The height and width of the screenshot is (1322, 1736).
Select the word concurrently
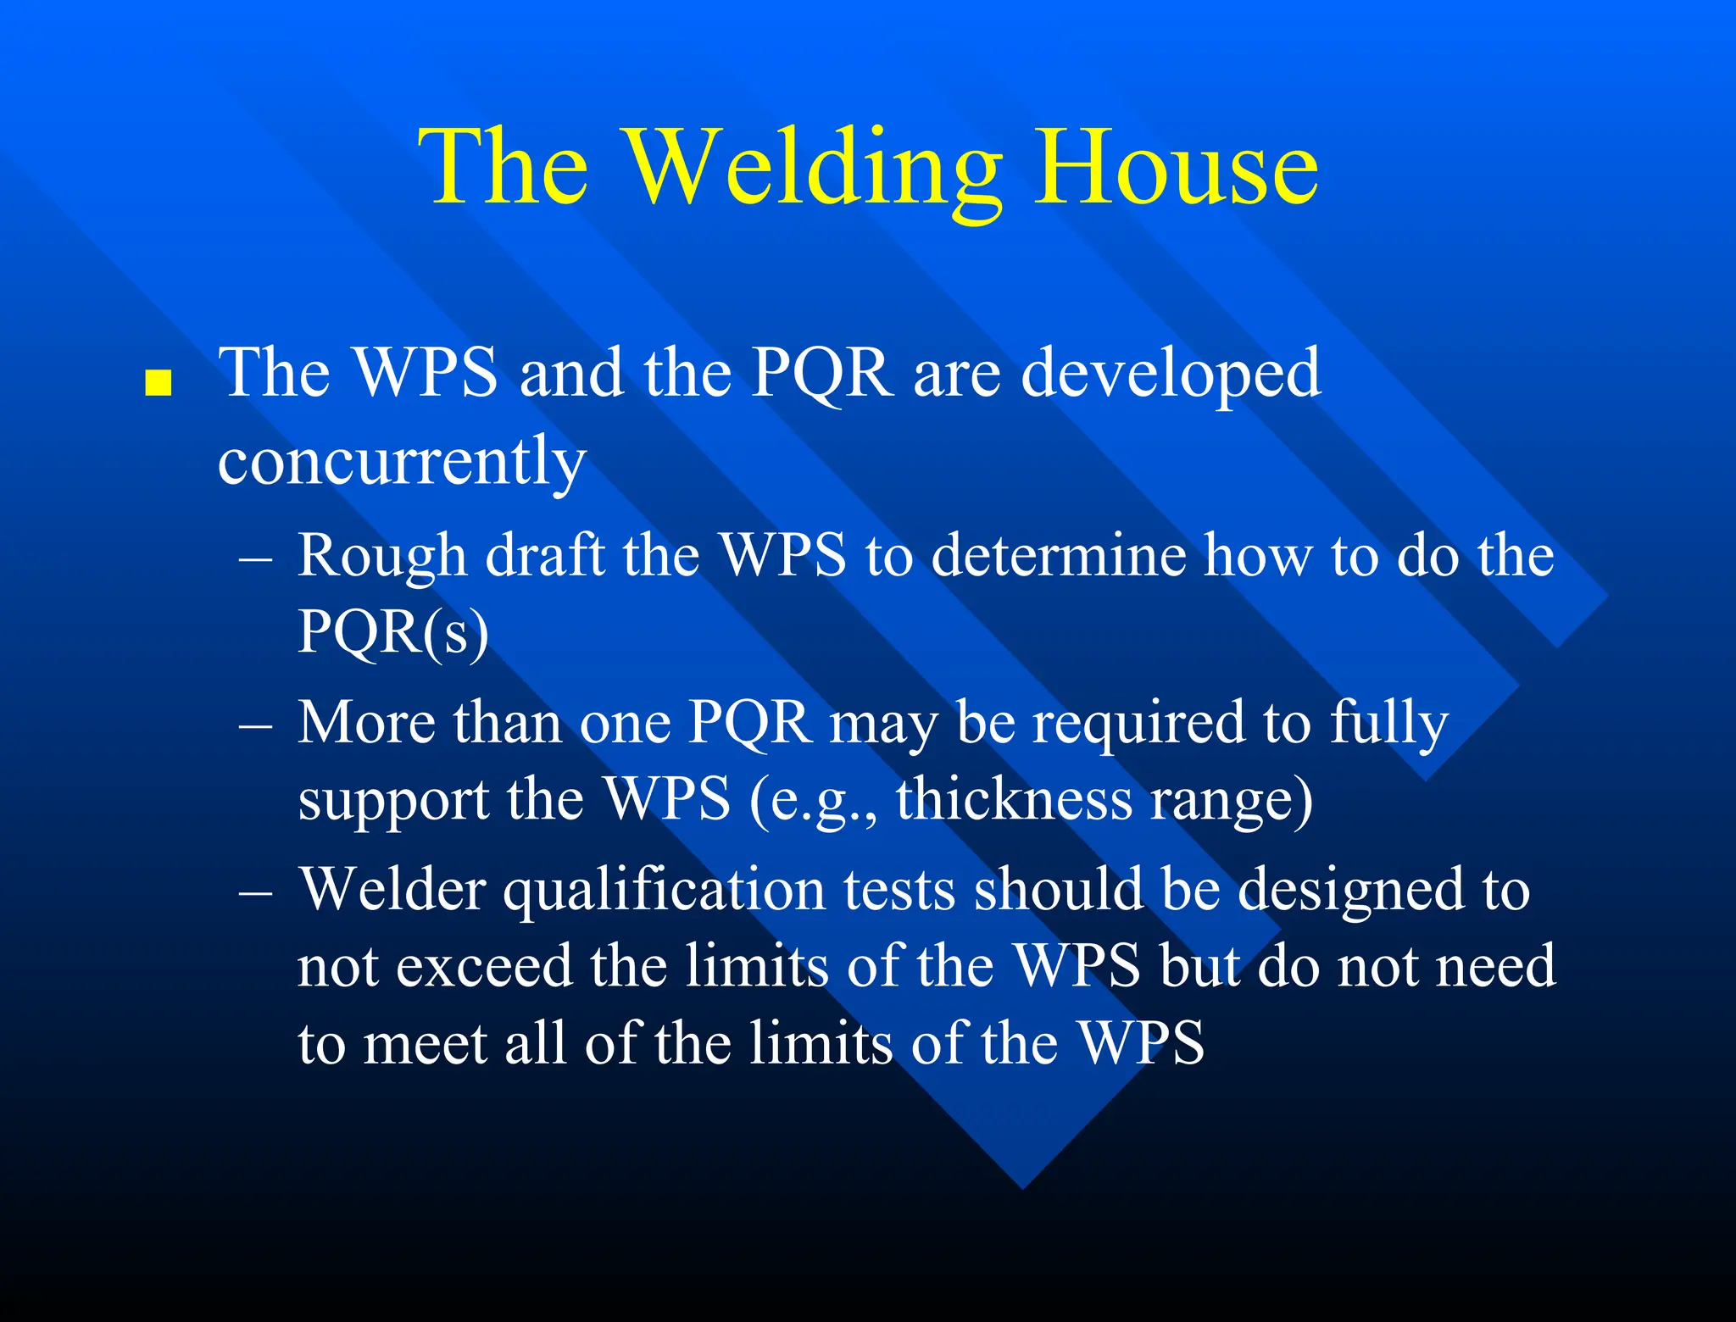(x=402, y=462)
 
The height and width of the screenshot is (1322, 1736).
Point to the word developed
(x=1171, y=373)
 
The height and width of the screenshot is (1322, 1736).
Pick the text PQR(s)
(x=392, y=631)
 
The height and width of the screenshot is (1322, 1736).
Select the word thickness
(x=1014, y=799)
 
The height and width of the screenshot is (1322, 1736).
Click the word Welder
(x=392, y=890)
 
